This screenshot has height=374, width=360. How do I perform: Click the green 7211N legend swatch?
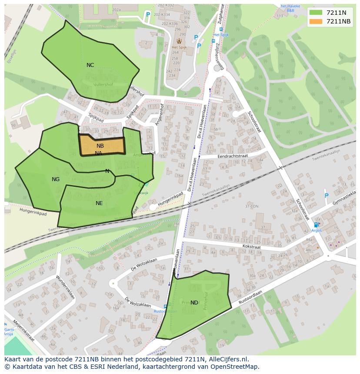tap(316, 13)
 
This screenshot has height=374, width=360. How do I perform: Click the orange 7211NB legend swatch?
tap(316, 21)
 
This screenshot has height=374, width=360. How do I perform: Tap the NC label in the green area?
tap(90, 65)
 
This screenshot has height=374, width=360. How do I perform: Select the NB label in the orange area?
tap(100, 146)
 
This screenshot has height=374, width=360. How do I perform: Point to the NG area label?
tap(56, 179)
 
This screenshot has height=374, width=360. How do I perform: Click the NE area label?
tap(99, 203)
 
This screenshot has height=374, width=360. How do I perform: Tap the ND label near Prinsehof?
tap(194, 303)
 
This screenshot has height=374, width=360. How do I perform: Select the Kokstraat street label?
tap(251, 247)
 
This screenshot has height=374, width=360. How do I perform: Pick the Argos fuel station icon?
tap(316, 225)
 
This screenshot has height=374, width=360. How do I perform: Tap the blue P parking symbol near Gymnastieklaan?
tap(327, 196)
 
